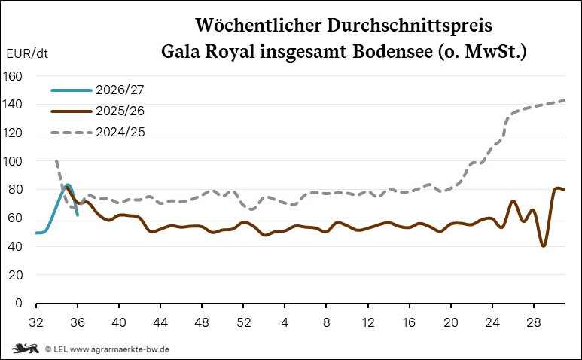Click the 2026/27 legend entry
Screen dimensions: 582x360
click(97, 90)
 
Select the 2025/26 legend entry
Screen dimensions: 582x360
click(97, 111)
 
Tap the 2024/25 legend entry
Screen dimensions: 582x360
click(98, 132)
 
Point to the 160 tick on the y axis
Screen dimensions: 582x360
click(12, 76)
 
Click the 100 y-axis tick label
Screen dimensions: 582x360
click(12, 161)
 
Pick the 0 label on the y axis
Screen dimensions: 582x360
click(19, 304)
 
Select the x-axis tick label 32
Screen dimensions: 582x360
click(36, 322)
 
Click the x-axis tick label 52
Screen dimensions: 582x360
click(243, 322)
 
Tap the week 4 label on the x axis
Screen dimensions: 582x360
click(285, 322)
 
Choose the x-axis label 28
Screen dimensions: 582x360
click(533, 322)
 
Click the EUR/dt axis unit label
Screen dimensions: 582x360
click(27, 53)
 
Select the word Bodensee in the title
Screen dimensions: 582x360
click(392, 51)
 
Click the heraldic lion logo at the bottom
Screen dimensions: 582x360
click(26, 349)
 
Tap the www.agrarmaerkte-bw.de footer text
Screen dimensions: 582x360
click(120, 349)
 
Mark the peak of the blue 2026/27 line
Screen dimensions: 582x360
click(68, 185)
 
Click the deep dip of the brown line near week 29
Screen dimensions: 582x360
click(544, 246)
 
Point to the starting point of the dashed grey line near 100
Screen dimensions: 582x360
click(56, 160)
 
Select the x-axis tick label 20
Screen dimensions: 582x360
click(450, 322)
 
